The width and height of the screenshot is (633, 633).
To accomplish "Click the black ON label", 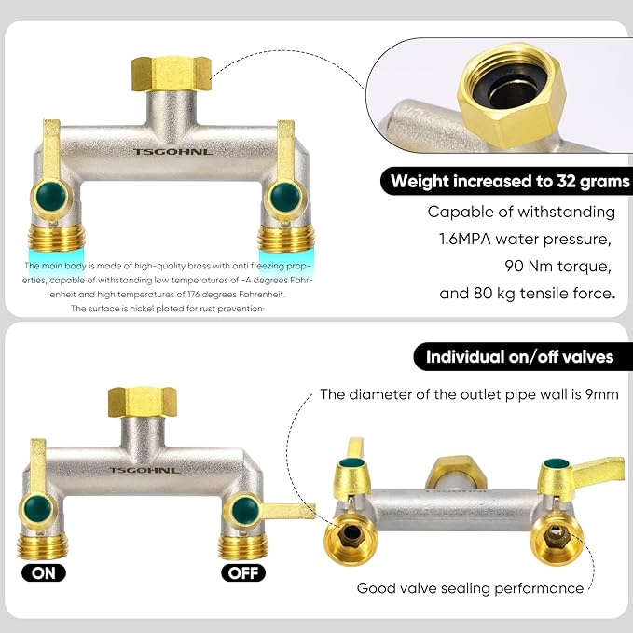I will pos(44,572).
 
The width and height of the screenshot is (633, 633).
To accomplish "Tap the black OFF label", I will pos(243,572).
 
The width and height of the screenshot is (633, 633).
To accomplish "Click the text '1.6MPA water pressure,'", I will pos(525,240).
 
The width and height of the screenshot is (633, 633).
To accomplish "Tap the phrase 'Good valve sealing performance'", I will pos(470,588).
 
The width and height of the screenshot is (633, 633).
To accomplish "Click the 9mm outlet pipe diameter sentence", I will pos(469,394).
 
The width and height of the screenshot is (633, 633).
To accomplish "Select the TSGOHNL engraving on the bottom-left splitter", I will pos(139,470).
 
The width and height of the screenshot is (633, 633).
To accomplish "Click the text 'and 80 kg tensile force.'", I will pos(527,295).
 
